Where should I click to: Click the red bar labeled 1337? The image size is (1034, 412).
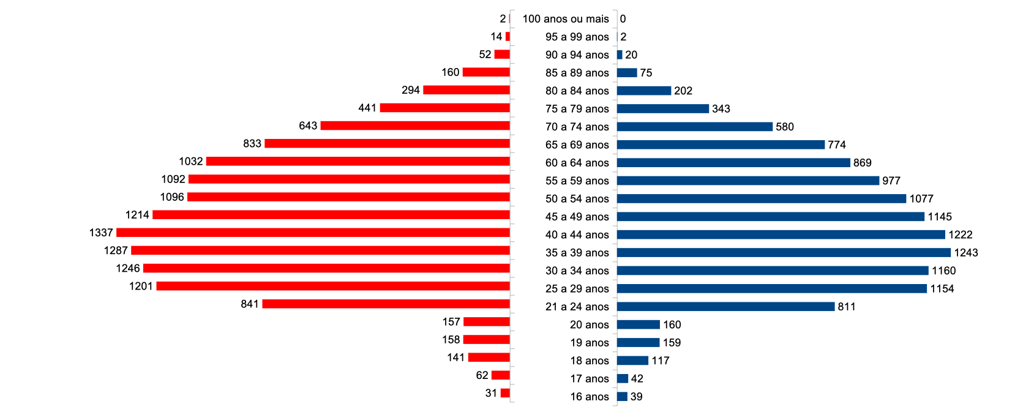point(313,233)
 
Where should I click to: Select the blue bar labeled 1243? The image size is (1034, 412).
point(784,253)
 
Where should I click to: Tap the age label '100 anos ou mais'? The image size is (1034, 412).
point(566,19)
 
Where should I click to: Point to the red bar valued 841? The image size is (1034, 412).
point(386,304)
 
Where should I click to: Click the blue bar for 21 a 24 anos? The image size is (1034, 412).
point(725,307)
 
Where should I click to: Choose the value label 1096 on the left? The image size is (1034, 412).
point(172,197)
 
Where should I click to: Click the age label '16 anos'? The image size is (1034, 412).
point(590,397)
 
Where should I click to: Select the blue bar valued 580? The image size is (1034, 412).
point(695,127)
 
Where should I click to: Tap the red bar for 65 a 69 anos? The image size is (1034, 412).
point(387,143)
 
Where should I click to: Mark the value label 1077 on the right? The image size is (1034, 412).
point(921,199)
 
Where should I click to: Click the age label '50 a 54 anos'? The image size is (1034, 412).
point(577,199)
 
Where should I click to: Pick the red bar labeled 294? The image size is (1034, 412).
point(466,90)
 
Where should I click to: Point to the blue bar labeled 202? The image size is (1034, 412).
point(644,91)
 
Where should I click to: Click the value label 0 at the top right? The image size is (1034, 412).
point(623,19)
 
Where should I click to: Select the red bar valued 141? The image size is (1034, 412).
point(489,358)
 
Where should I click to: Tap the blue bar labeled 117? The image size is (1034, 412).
point(632,361)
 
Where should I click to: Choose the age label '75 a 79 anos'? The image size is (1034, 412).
point(577,109)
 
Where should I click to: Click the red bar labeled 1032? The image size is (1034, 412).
point(358,161)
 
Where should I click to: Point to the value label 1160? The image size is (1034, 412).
point(943,271)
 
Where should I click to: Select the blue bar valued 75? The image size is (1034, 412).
point(627,73)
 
